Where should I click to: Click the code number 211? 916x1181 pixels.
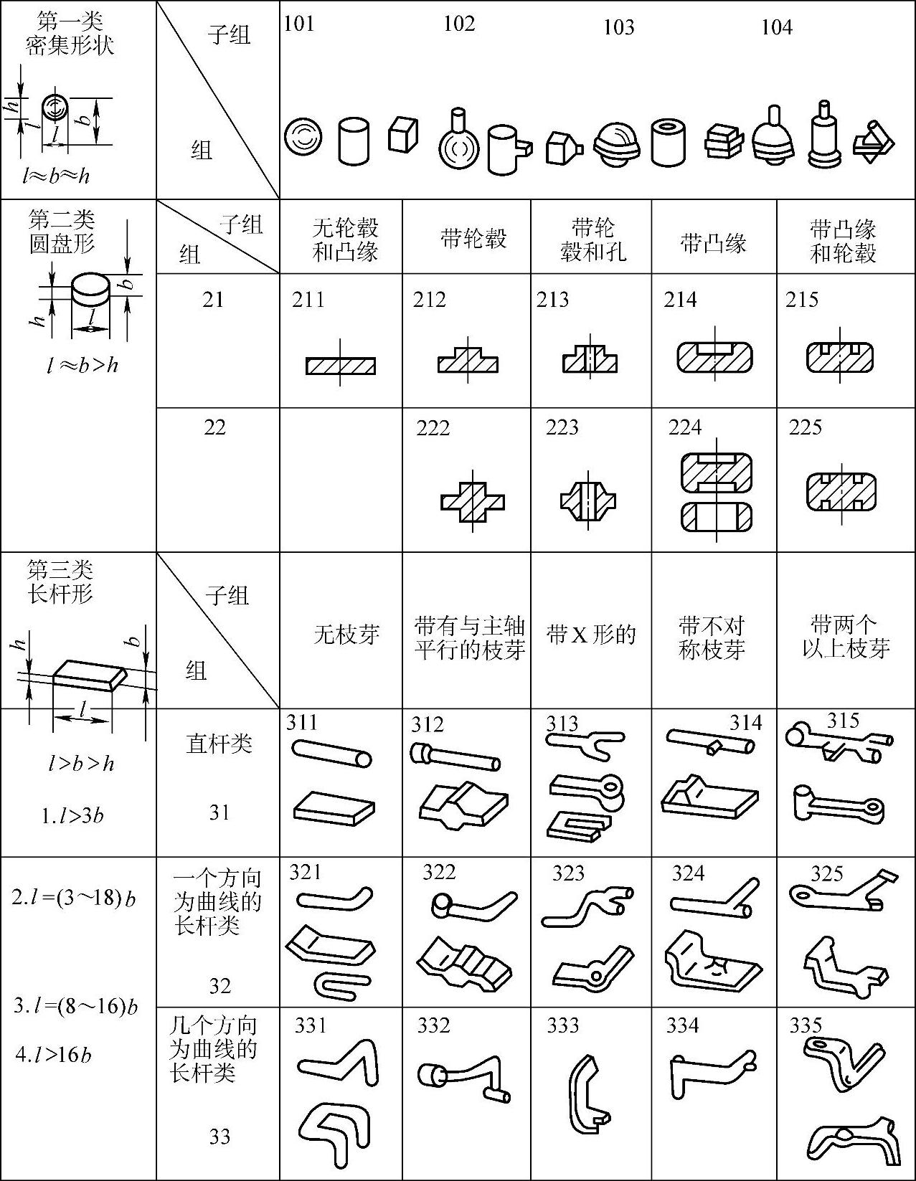pyautogui.click(x=308, y=300)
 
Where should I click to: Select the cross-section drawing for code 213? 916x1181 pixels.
pyautogui.click(x=590, y=356)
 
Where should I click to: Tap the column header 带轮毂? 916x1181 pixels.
pyautogui.click(x=473, y=238)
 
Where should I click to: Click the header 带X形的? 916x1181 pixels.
pyautogui.click(x=591, y=635)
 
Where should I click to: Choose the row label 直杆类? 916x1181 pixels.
pyautogui.click(x=219, y=744)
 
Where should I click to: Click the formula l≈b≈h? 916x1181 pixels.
pyautogui.click(x=56, y=176)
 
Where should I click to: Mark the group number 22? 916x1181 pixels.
pyautogui.click(x=214, y=427)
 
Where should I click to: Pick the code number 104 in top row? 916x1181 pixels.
pyautogui.click(x=776, y=27)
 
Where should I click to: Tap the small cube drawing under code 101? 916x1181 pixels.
pyautogui.click(x=402, y=134)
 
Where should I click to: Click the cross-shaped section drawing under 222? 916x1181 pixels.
pyautogui.click(x=472, y=501)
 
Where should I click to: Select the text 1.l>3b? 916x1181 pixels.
pyautogui.click(x=72, y=815)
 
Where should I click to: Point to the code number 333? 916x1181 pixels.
pyautogui.click(x=562, y=1025)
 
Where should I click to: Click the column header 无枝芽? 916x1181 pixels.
pyautogui.click(x=346, y=635)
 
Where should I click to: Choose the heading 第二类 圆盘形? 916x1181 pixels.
pyautogui.click(x=62, y=231)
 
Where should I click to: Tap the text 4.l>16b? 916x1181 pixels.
pyautogui.click(x=55, y=1055)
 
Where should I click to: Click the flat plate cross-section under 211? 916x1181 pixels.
pyautogui.click(x=341, y=365)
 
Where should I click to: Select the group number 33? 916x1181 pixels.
pyautogui.click(x=219, y=1137)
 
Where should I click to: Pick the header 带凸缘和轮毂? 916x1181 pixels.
pyautogui.click(x=843, y=241)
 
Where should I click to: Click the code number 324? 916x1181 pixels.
pyautogui.click(x=688, y=873)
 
